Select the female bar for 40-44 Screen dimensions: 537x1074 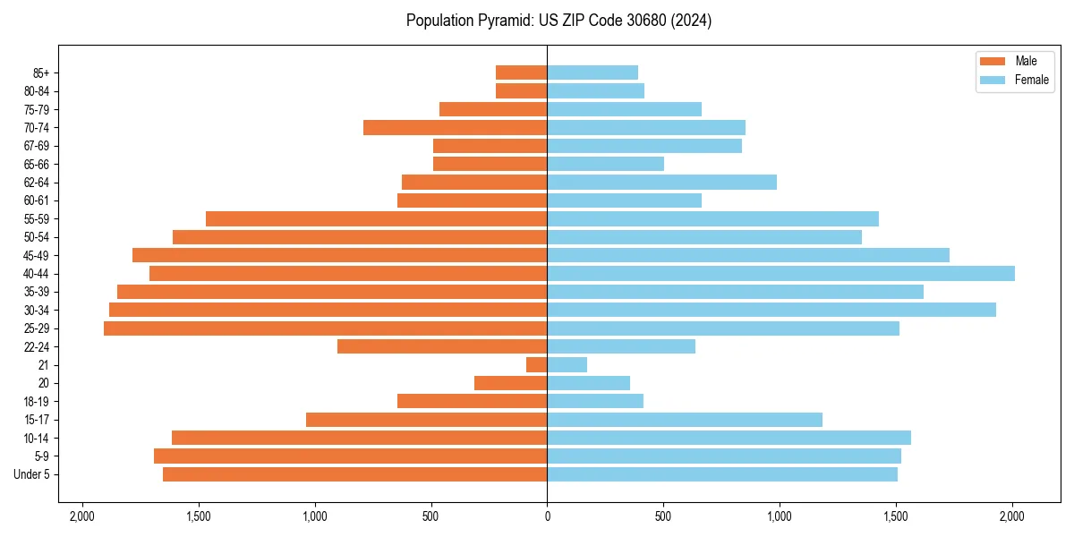780,273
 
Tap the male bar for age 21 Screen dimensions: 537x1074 536,365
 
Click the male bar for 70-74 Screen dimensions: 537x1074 455,128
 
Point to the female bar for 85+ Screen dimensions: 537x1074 592,72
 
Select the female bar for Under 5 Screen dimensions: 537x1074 722,474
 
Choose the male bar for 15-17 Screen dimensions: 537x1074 426,420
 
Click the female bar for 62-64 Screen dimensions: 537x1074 661,183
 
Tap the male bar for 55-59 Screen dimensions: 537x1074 376,219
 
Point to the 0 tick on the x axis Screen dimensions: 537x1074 547,516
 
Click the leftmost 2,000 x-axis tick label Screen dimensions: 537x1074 81,516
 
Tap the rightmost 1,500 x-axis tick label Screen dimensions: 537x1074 896,516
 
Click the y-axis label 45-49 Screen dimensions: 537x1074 37,256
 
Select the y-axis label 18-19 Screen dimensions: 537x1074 37,402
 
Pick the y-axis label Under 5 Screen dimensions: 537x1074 32,474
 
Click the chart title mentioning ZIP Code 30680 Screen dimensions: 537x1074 558,21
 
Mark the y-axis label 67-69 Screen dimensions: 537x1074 37,146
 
